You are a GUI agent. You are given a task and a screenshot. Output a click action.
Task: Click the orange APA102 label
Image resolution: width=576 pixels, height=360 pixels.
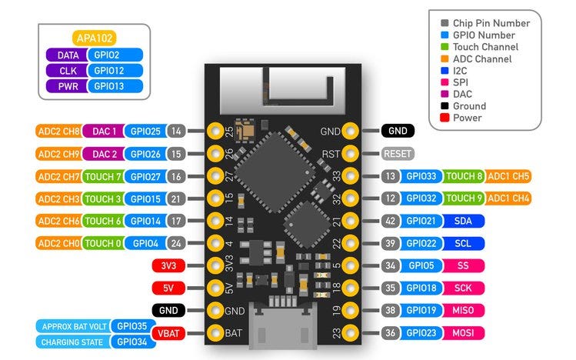(x=95, y=38)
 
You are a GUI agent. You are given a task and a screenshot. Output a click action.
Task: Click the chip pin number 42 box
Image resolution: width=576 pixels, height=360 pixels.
(x=390, y=221)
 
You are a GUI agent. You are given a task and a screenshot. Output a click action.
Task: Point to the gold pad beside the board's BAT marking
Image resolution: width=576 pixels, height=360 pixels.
(x=214, y=333)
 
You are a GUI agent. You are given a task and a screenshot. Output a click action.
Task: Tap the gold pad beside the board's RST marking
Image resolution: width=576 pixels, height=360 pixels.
(x=350, y=153)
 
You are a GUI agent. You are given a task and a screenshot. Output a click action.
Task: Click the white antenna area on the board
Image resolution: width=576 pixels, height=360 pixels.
(x=281, y=88)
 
